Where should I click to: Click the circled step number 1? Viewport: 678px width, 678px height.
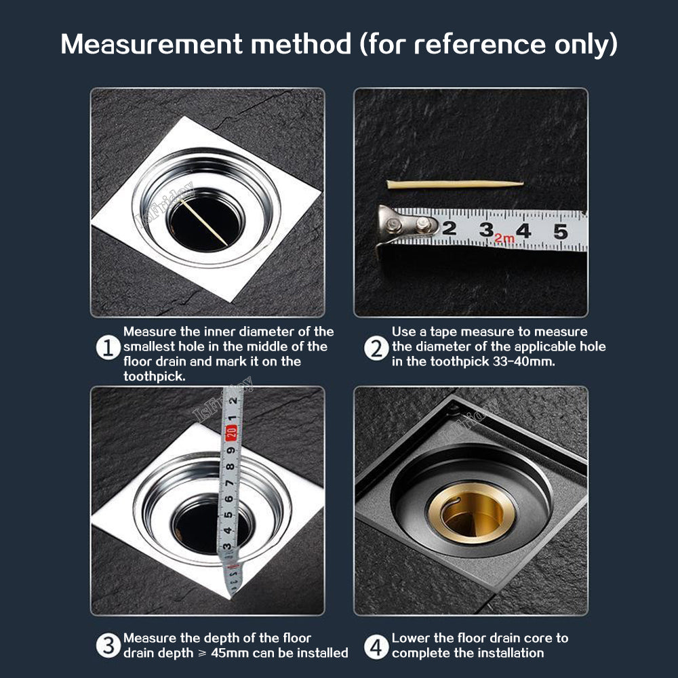[108, 348]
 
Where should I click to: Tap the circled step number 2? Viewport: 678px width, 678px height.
[376, 348]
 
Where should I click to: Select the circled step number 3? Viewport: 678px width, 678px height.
[108, 646]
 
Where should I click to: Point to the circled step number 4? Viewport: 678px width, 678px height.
[376, 647]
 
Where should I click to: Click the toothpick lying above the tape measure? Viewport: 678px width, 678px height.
[455, 184]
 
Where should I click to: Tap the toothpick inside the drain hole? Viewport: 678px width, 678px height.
[203, 222]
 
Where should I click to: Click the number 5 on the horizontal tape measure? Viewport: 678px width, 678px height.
[561, 232]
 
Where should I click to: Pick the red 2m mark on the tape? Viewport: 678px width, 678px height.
[504, 238]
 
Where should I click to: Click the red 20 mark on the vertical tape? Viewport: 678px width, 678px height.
[231, 433]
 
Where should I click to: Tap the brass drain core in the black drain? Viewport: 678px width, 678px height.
[471, 513]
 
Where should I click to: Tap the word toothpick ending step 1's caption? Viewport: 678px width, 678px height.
[155, 376]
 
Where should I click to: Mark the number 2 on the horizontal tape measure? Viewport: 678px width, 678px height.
[450, 228]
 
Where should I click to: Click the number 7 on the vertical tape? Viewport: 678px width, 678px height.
[229, 483]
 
